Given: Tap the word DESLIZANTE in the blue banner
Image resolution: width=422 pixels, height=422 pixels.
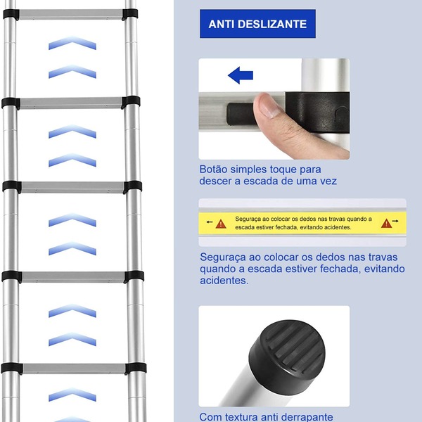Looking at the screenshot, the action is [272, 24].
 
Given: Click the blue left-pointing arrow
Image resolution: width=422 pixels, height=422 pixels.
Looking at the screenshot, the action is [241, 75].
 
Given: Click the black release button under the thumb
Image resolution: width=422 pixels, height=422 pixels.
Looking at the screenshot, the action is [240, 114].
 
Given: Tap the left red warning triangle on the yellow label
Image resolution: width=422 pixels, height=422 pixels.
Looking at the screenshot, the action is [221, 224].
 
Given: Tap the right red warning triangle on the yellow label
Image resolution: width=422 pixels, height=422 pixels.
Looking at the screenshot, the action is [386, 223].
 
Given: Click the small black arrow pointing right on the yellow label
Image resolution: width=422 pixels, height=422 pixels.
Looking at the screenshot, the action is [395, 221].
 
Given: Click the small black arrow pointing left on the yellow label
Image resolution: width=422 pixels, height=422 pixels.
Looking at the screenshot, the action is [210, 222].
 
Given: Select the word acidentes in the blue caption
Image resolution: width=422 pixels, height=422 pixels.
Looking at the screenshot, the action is [224, 281].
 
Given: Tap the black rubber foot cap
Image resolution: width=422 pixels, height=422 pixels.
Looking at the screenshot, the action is [287, 357].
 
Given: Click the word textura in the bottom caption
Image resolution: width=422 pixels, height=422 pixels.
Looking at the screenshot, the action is [241, 417].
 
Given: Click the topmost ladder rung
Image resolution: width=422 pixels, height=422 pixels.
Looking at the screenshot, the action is [70, 15].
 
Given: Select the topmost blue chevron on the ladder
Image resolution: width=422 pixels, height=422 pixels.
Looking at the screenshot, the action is [72, 43].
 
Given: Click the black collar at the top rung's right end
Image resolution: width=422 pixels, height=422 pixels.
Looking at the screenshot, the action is [130, 14].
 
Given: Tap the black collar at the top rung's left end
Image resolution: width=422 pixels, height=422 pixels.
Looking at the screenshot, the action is [11, 15].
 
